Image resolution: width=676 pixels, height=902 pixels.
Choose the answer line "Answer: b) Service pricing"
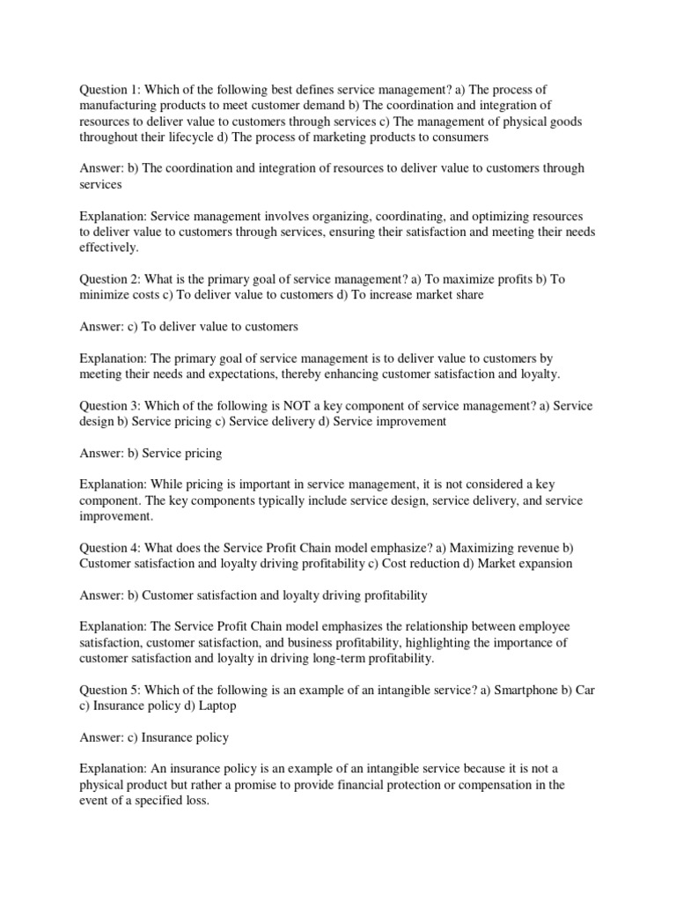click(151, 453)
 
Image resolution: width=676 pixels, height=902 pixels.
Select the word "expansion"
click(541, 563)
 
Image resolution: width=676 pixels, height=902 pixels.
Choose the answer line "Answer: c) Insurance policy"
click(155, 737)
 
